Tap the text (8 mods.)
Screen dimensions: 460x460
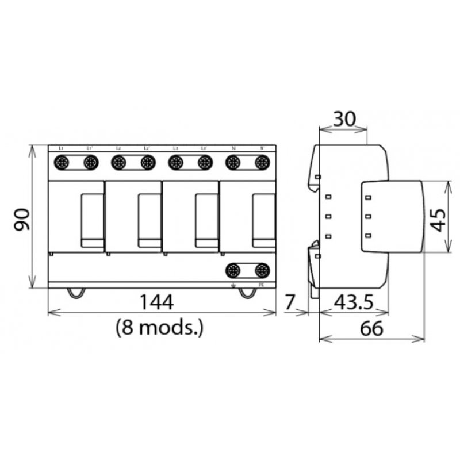[159, 328]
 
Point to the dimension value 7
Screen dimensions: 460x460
[290, 301]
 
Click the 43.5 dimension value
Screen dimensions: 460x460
[350, 301]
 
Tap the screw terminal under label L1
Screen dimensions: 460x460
[62, 163]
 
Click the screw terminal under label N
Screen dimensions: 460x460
[233, 163]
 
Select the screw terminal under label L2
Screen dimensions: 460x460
[118, 163]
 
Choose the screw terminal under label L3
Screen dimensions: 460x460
[175, 163]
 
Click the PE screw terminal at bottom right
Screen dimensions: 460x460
[262, 270]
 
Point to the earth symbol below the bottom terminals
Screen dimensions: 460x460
[233, 284]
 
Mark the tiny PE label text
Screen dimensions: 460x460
[262, 284]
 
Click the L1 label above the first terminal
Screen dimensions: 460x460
[61, 149]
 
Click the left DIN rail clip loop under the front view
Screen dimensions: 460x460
[77, 293]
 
